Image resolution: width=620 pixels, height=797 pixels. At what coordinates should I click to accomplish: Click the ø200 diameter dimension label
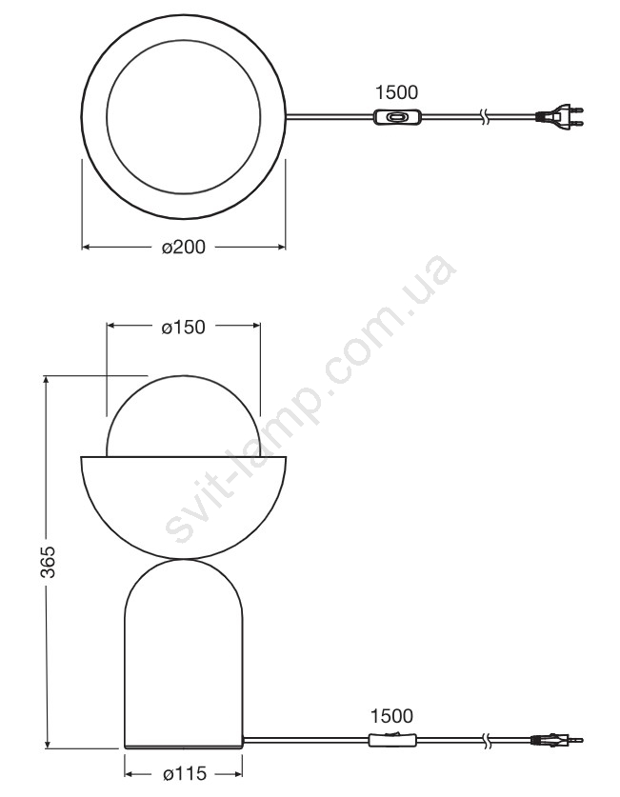click(x=184, y=247)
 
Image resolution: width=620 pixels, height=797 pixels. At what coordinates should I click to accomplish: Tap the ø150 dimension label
click(x=184, y=327)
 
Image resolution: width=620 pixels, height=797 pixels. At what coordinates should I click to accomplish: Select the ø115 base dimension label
click(x=185, y=774)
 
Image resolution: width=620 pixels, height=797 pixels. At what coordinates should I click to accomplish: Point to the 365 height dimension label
click(x=49, y=562)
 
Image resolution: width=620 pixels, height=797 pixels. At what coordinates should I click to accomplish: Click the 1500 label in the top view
click(x=396, y=92)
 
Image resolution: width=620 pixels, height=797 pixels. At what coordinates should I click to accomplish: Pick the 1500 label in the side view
click(x=391, y=716)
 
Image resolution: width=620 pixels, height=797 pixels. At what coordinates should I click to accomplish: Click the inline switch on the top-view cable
click(x=396, y=117)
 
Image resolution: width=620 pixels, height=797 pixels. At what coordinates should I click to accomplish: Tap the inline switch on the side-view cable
click(x=391, y=740)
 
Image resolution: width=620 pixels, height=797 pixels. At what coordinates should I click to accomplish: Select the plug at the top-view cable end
click(x=559, y=116)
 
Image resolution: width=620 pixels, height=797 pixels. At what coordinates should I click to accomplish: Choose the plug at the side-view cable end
click(x=556, y=741)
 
